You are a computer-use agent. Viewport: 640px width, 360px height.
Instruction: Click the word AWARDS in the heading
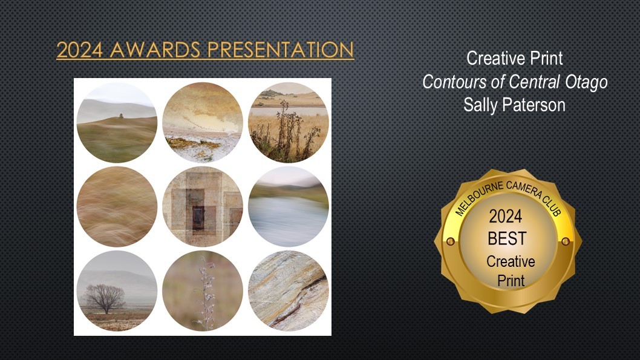155,50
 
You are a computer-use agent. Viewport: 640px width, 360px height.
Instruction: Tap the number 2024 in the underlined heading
80,50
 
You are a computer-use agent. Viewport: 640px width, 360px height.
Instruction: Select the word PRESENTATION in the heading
281,50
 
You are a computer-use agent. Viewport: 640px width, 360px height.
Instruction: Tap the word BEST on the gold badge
507,238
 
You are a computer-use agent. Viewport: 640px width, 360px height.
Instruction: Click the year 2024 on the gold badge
505,217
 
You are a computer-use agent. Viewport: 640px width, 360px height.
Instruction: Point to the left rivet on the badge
451,241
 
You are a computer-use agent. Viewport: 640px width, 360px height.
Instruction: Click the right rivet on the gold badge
566,241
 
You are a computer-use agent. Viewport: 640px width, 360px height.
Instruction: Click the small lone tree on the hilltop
121,116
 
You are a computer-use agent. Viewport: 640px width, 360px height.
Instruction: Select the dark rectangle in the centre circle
198,218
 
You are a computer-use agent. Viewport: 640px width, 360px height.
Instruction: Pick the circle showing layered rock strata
288,290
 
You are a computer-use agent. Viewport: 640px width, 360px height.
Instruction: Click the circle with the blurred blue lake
288,206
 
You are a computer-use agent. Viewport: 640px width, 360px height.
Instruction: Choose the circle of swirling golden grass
117,206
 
